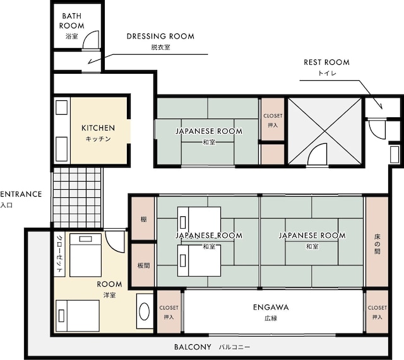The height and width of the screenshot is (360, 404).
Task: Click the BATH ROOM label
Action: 71,21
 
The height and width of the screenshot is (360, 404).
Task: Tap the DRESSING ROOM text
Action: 160,37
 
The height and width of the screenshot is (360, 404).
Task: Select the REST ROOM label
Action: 327,62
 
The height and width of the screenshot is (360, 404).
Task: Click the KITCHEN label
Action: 98,128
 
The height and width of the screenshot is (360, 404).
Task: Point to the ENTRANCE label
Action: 21,194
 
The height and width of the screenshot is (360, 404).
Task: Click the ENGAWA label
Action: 271,307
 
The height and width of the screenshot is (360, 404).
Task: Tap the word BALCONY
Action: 193,347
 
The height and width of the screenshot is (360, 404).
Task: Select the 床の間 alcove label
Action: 377,244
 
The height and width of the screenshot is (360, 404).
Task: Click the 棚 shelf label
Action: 143,219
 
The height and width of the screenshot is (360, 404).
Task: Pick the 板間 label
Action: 143,265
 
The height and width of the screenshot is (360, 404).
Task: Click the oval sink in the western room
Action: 145,311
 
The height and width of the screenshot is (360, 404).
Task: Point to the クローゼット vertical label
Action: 59,254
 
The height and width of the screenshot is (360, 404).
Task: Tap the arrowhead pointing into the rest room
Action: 380,106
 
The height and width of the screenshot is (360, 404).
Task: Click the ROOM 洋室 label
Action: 109,289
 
